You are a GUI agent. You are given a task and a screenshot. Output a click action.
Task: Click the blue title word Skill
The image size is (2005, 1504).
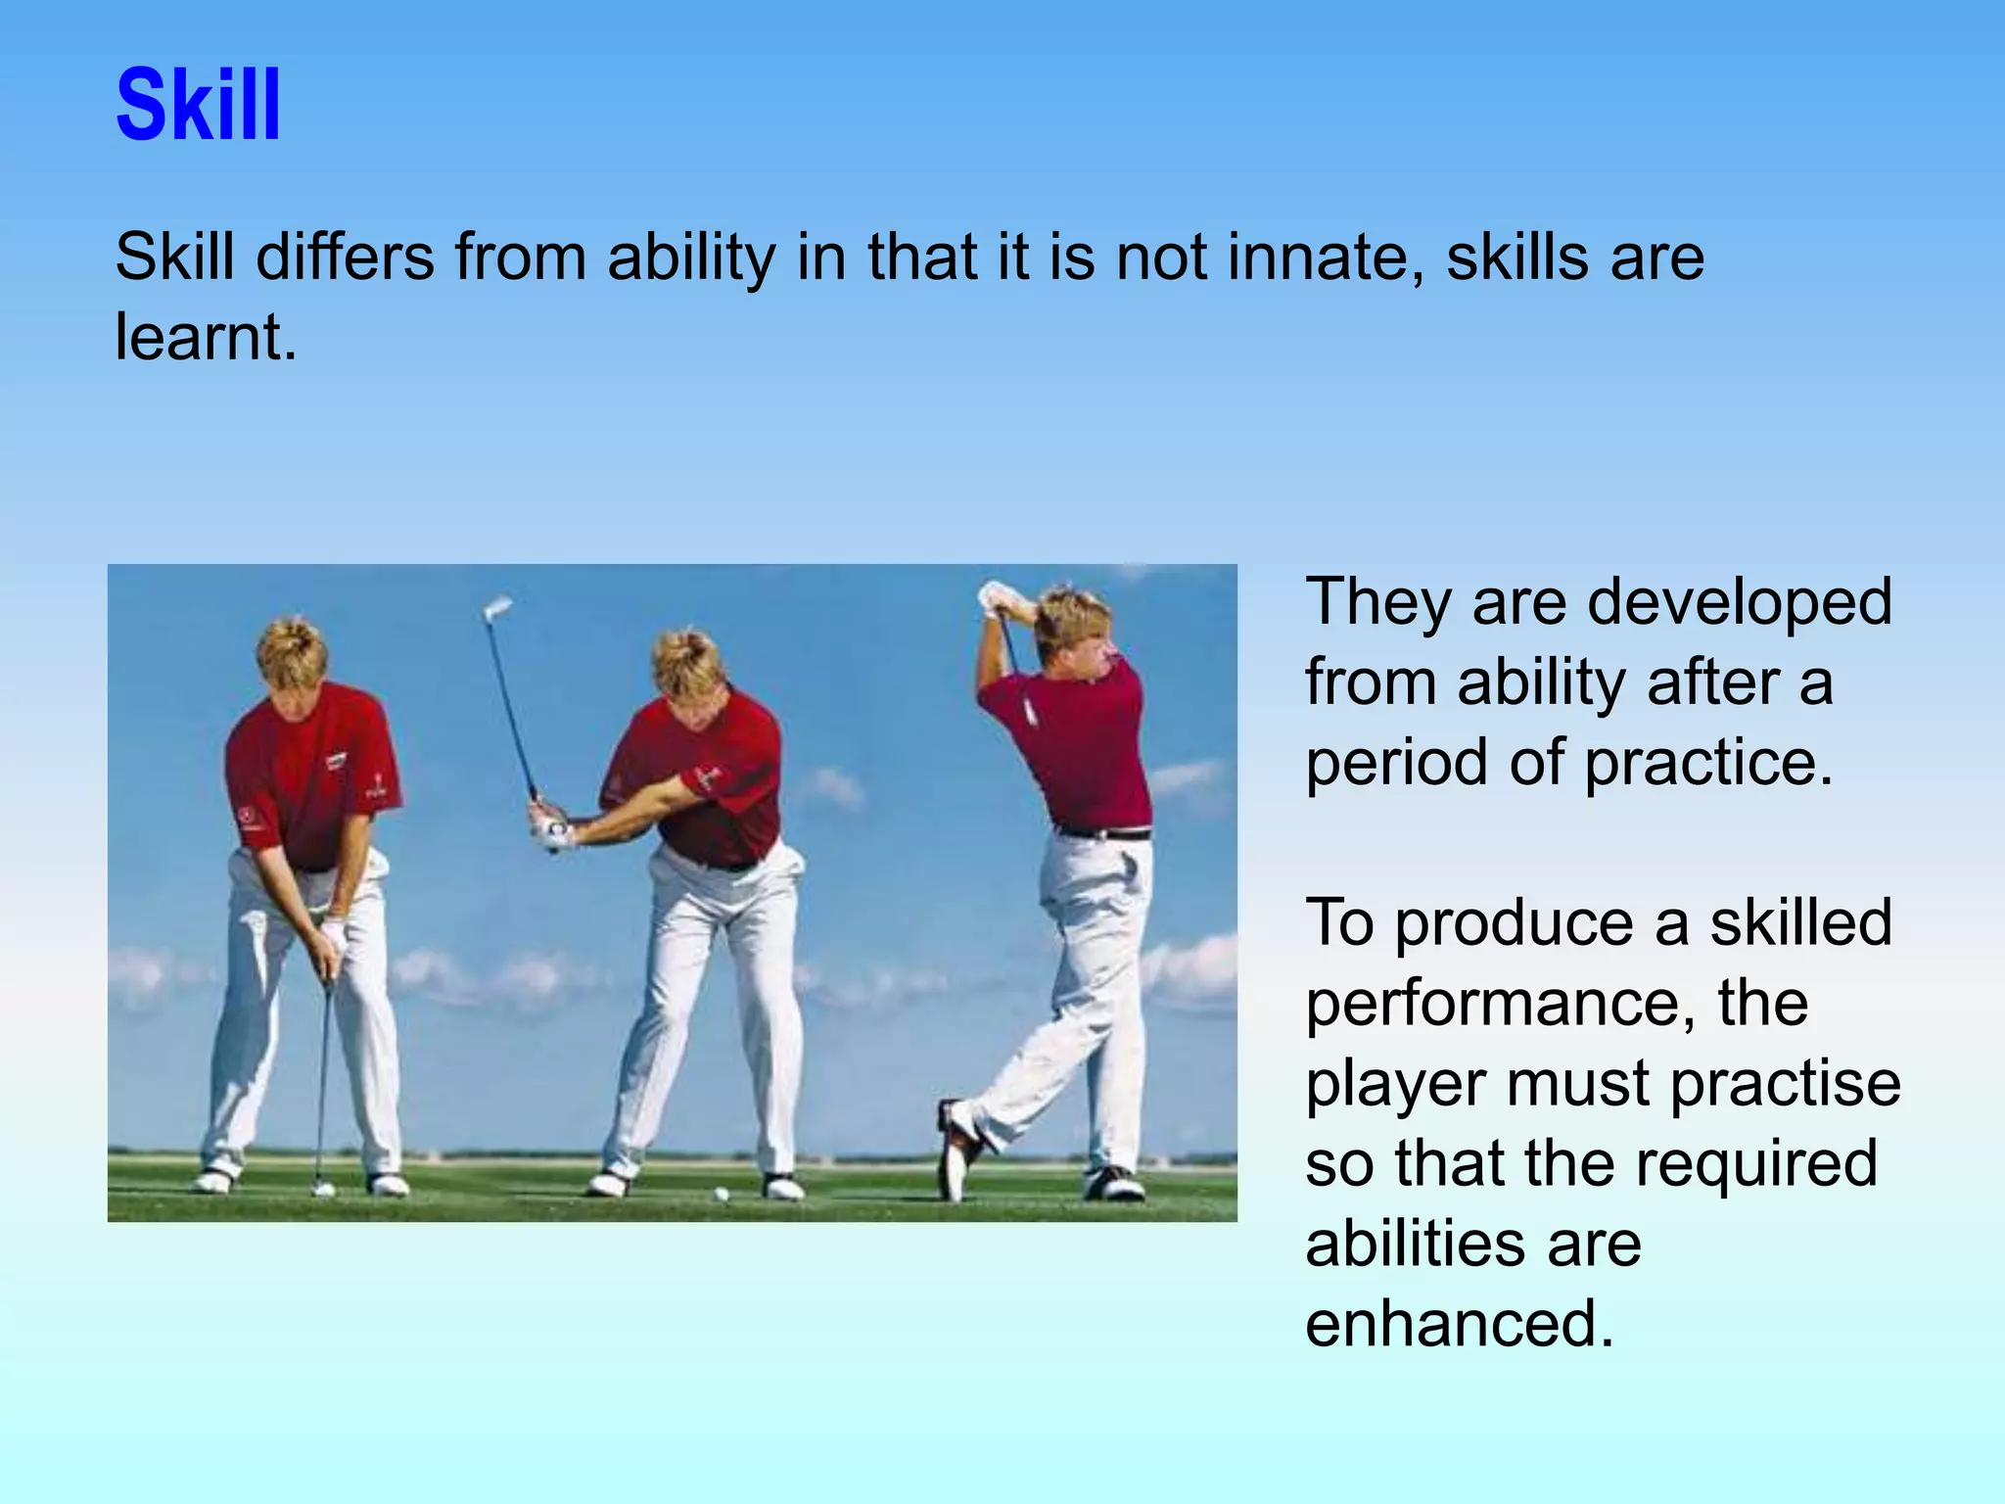point(199,105)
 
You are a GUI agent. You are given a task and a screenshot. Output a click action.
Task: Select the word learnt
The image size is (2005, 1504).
point(206,338)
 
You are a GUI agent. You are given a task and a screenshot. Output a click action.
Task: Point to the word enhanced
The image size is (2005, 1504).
point(1459,1324)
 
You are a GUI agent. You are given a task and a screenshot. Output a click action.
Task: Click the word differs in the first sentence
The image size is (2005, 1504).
point(345,258)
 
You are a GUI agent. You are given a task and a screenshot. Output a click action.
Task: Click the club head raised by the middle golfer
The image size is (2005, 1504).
point(497,608)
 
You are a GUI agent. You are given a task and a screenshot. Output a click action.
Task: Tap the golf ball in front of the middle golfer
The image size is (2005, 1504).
point(722,1194)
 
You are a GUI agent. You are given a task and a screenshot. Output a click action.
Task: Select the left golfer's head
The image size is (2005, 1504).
point(292,659)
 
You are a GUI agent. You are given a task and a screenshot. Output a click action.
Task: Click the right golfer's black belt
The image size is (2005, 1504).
point(1103,833)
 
